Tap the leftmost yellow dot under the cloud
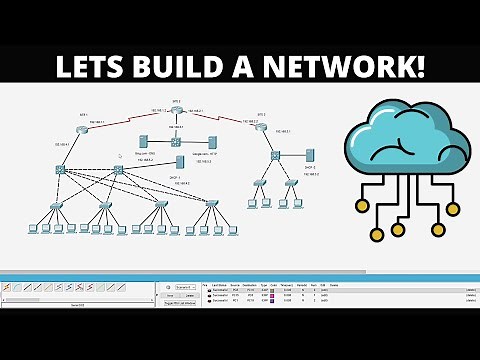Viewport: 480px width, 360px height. coord(378,235)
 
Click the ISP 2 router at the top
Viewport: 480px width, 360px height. coord(176,111)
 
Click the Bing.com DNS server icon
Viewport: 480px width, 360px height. coord(143,142)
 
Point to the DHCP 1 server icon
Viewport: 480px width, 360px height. coord(180,162)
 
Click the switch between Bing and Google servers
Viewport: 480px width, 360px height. coord(176,142)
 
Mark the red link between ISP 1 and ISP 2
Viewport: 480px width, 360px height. coord(130,119)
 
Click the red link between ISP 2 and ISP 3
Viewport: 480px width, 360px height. coord(220,119)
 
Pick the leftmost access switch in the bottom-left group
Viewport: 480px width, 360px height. coord(57,205)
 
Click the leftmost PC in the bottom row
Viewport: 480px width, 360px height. coord(34,229)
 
